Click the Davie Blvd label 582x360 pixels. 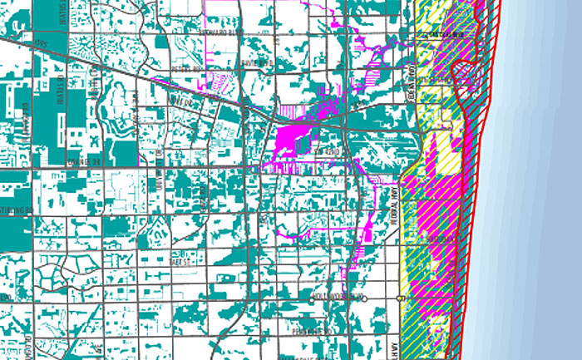(x=254, y=63)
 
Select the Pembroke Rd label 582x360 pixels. (x=311, y=332)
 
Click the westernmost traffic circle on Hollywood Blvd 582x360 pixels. (x=272, y=296)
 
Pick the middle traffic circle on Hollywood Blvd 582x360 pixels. (x=364, y=296)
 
